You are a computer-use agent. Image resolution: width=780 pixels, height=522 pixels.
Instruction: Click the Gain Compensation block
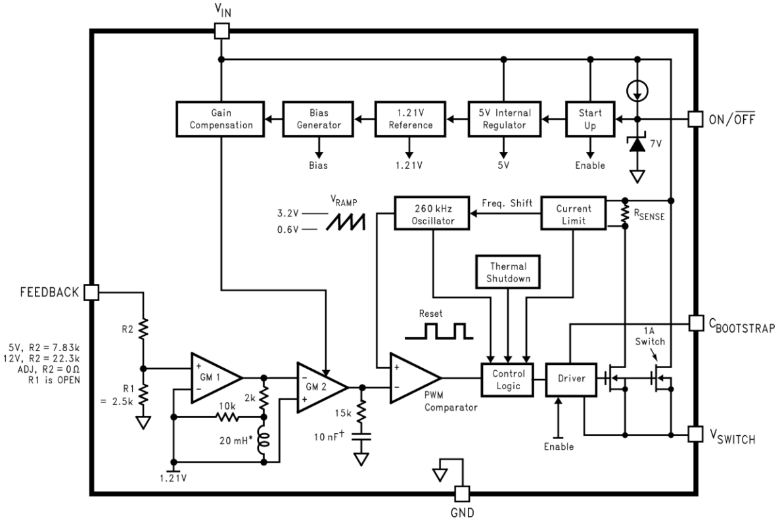[x=221, y=119]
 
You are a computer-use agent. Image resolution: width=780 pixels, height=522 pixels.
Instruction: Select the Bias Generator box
[x=318, y=119]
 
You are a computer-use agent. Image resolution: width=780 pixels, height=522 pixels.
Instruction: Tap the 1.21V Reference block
[x=411, y=119]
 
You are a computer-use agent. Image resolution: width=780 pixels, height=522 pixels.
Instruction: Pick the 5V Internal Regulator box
[x=504, y=119]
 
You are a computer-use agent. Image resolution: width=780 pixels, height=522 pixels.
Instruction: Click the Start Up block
[x=590, y=119]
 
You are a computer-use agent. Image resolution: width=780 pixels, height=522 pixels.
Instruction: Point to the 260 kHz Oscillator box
[x=432, y=214]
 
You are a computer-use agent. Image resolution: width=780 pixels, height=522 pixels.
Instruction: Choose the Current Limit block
[x=574, y=214]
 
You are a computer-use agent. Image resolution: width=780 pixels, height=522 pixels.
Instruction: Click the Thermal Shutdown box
[x=508, y=272]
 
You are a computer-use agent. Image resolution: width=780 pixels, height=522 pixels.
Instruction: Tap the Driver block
[x=571, y=379]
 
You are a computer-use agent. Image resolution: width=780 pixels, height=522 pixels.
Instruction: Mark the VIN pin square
[x=222, y=31]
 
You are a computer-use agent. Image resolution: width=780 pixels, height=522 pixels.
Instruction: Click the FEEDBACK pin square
[x=91, y=292]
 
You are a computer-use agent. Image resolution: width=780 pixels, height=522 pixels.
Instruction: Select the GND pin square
[x=462, y=494]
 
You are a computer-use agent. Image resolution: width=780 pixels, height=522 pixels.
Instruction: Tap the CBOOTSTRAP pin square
[x=695, y=323]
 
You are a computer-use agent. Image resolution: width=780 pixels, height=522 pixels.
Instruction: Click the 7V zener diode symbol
[x=637, y=143]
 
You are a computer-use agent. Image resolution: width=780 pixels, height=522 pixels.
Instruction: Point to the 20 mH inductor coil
[x=264, y=440]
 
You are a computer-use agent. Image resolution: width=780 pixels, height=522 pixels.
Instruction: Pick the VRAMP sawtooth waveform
[x=346, y=222]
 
